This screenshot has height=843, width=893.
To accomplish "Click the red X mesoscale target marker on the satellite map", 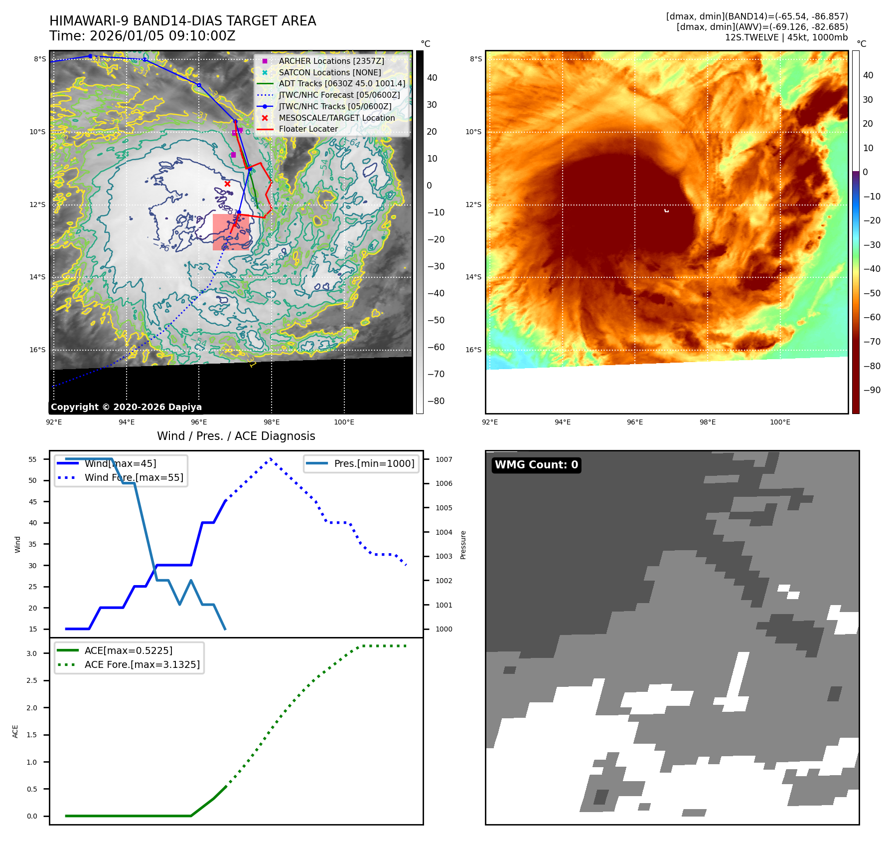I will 227,184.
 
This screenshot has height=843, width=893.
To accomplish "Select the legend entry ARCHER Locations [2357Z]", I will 331,61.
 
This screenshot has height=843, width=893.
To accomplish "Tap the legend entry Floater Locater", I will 308,129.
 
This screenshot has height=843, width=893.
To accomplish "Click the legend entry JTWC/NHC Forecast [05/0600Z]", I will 339,95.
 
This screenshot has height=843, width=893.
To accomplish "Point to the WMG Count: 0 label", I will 536,465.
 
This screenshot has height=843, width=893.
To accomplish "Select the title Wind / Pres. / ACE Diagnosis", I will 236,436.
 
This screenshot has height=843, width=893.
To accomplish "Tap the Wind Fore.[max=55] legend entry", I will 134,477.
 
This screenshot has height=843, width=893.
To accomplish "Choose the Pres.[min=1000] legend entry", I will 374,463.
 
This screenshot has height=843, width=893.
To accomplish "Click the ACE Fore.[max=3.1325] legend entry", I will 142,664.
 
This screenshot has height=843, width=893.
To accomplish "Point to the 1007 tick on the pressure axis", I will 444,459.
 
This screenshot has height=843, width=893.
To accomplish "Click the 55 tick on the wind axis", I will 33,459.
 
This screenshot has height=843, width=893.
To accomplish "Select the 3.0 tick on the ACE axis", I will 32,653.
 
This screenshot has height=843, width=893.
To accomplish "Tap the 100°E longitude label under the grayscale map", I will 344,422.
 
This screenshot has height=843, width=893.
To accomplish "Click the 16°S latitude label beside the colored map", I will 473,350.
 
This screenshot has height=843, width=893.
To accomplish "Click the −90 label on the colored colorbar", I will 872,390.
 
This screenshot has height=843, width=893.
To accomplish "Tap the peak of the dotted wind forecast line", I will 271,458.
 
